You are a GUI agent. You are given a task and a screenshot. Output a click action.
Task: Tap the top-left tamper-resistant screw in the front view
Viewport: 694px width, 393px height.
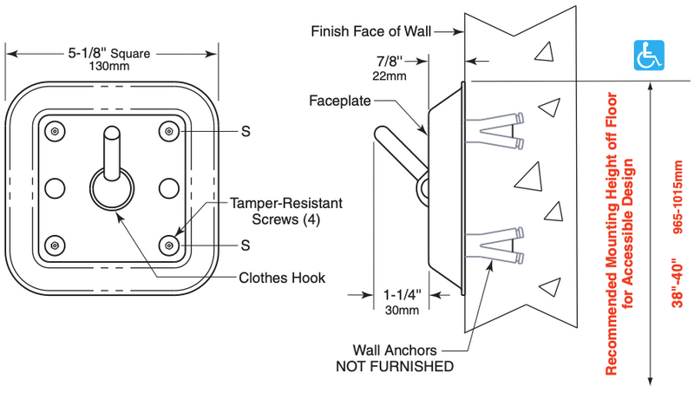pos(55,131)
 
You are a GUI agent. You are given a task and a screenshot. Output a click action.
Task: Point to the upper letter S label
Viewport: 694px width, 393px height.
pos(246,132)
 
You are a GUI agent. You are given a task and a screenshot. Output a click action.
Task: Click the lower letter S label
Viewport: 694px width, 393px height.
pos(246,246)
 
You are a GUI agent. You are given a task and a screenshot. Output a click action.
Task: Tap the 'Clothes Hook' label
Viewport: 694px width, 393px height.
pos(282,278)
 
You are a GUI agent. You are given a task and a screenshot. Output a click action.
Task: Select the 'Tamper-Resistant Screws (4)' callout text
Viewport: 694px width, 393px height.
pos(285,210)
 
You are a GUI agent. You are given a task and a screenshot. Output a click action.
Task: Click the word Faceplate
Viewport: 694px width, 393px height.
pos(339,101)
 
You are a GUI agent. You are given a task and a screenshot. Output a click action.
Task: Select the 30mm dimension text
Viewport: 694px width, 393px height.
pos(402,309)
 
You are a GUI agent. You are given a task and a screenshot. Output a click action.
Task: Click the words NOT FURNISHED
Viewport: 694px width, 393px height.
pos(395,366)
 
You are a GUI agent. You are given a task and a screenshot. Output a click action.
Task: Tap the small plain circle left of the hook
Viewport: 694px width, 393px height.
pos(54,187)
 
